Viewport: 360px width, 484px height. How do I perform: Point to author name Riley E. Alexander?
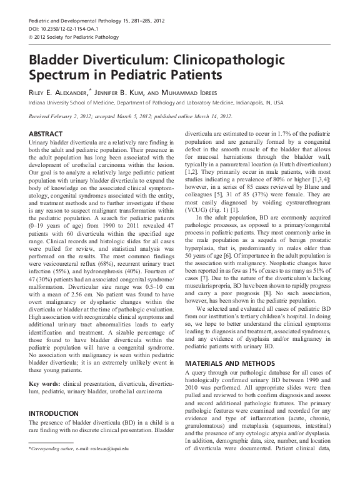pos(59,93)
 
